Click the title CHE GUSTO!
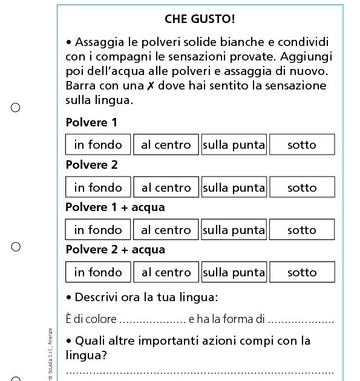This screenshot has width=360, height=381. coord(199,19)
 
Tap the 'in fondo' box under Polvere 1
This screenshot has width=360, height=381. coord(98,145)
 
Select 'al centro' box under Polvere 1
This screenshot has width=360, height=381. coord(166,145)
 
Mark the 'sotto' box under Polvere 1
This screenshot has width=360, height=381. coord(302,145)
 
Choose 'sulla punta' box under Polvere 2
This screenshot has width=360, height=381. coord(234,187)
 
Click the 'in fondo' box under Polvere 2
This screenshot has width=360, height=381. coord(98,187)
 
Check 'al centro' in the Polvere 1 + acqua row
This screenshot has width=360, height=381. coord(166,230)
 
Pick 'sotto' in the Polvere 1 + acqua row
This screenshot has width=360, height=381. coord(302,230)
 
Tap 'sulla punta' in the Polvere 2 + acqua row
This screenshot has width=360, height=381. coord(234,272)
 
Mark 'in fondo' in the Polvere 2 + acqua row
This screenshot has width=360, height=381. coord(98,272)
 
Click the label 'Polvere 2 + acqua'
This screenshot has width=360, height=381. coord(115,250)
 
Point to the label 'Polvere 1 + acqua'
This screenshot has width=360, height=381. coord(115,207)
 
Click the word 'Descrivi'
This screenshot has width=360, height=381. coord(99,298)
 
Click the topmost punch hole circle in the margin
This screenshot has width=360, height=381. coord(16,108)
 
